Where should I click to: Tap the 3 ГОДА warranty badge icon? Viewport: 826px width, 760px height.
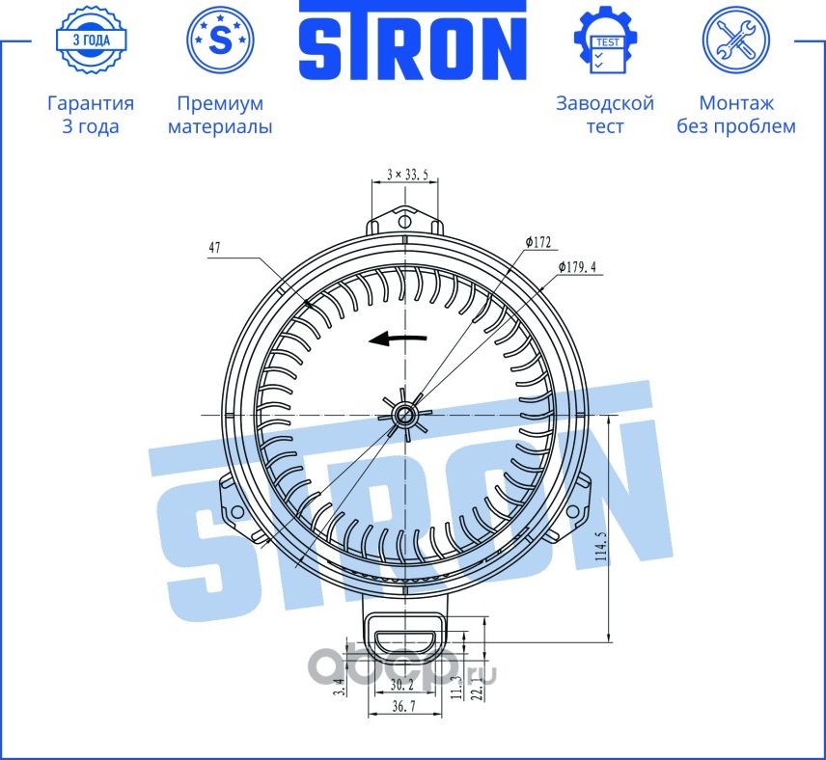91,41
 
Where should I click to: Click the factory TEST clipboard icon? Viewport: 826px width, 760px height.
606,41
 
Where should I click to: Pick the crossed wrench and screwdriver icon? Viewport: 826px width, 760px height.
736,41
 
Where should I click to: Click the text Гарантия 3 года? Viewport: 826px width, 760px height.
91,115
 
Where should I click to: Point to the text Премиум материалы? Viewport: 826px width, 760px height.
220,115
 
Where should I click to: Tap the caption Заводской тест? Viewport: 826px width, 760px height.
605,115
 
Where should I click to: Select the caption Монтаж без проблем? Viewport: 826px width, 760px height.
736,115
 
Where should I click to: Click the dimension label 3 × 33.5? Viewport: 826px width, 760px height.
406,175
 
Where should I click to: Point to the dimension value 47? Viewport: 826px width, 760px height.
214,248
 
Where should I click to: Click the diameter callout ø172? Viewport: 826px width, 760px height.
537,241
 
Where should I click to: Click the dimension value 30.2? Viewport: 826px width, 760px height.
402,684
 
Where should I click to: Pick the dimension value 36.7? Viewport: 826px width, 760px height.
402,707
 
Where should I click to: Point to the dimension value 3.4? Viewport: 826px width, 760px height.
337,688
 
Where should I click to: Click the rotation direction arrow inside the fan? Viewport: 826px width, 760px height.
398,339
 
